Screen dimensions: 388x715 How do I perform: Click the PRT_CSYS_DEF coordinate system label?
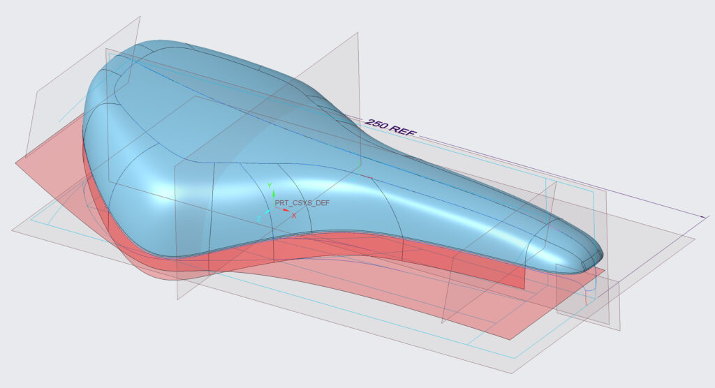(x=302, y=203)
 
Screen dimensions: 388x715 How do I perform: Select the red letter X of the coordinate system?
(x=294, y=216)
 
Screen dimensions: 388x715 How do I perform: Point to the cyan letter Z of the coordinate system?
(x=258, y=218)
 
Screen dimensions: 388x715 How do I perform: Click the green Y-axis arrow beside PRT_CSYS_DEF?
(x=274, y=197)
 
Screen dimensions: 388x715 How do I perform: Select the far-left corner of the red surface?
(x=16, y=163)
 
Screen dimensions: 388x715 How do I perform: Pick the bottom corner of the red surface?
(x=510, y=339)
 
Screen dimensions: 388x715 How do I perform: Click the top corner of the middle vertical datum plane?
(x=358, y=32)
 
